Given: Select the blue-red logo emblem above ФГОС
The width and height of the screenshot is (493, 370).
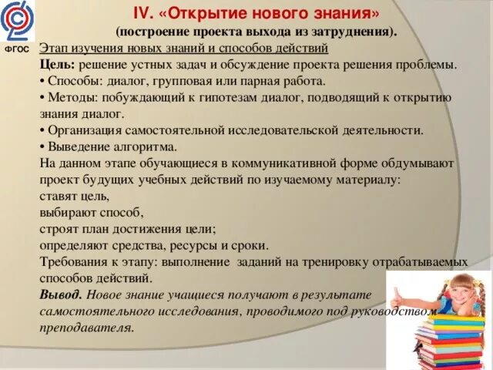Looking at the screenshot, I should (x=16, y=22).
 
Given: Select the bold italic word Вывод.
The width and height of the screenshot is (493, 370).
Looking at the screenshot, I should (x=61, y=295).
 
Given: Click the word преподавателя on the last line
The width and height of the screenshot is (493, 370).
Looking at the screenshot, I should (x=86, y=327).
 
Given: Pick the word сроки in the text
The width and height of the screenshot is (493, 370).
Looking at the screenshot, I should (x=250, y=246).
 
